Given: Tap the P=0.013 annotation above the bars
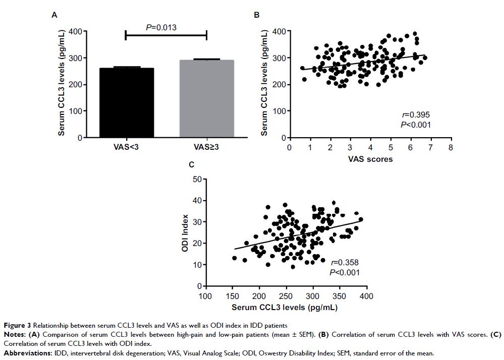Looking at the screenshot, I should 161,27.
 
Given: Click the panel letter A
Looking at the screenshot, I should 53,15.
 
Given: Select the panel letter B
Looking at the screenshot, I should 256,15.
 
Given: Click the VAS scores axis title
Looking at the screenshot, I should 370,159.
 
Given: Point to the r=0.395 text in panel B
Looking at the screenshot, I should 415,114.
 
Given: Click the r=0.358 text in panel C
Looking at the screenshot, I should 344,263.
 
